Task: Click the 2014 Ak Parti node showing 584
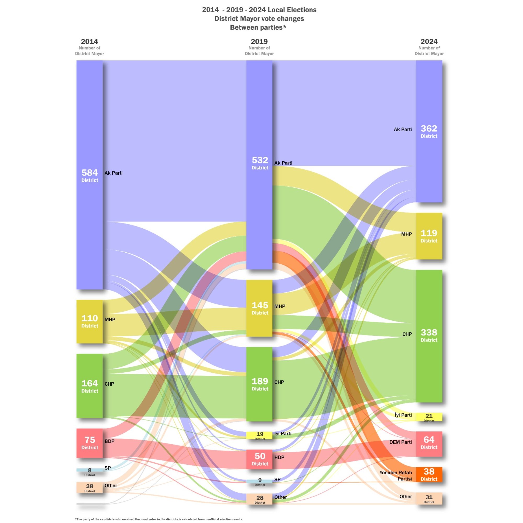[x=89, y=175]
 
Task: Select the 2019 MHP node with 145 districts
[x=259, y=308]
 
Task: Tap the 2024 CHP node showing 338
[x=429, y=336]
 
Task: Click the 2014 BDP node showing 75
[x=89, y=443]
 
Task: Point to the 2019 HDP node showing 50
[x=259, y=459]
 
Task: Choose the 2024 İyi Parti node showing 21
[x=429, y=417]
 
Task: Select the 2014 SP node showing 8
[x=89, y=470]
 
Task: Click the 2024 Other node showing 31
[x=429, y=498]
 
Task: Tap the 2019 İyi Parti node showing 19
[x=259, y=435]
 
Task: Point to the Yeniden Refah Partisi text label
[x=395, y=476]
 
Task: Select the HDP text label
[x=279, y=457]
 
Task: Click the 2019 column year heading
[x=259, y=41]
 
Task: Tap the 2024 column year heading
[x=429, y=41]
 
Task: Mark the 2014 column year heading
[x=89, y=41]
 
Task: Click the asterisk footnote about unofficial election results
[x=159, y=519]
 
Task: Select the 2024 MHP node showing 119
[x=429, y=236]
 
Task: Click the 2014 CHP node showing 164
[x=89, y=386]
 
